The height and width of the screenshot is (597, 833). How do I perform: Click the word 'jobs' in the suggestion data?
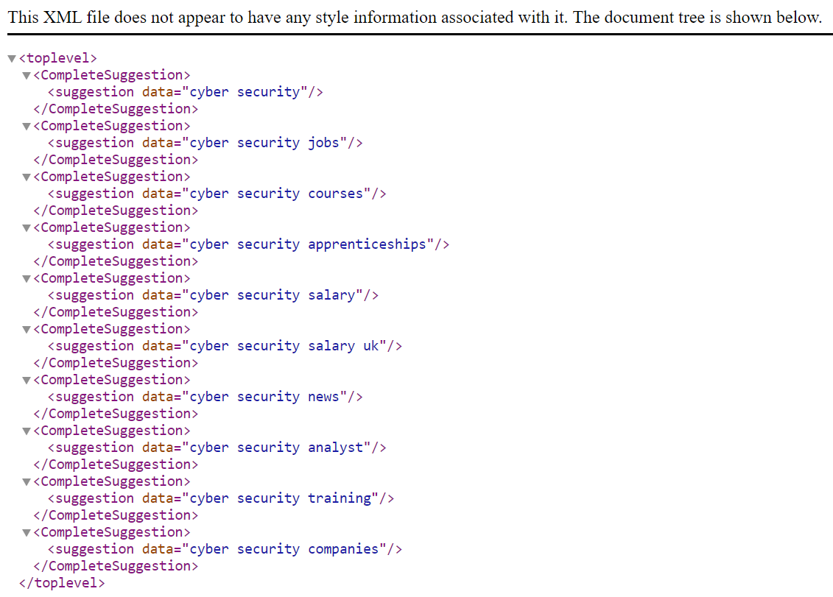point(323,143)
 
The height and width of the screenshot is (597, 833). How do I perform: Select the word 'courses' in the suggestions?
point(335,194)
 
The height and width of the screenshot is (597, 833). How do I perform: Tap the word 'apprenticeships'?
point(367,245)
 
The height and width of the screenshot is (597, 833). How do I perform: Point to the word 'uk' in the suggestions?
point(370,346)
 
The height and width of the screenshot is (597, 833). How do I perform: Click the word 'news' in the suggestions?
point(323,398)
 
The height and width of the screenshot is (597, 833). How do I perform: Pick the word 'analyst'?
point(335,448)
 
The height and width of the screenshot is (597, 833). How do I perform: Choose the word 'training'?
point(340,498)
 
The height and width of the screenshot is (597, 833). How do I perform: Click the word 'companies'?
point(343,549)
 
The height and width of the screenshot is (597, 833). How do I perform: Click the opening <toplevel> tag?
point(58,58)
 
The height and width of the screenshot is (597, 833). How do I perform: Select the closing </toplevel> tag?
point(62,583)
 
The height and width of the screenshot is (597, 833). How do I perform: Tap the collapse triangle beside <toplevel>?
point(12,58)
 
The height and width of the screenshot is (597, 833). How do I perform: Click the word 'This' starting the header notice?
point(24,17)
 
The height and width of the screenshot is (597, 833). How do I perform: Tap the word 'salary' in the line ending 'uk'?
point(331,346)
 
